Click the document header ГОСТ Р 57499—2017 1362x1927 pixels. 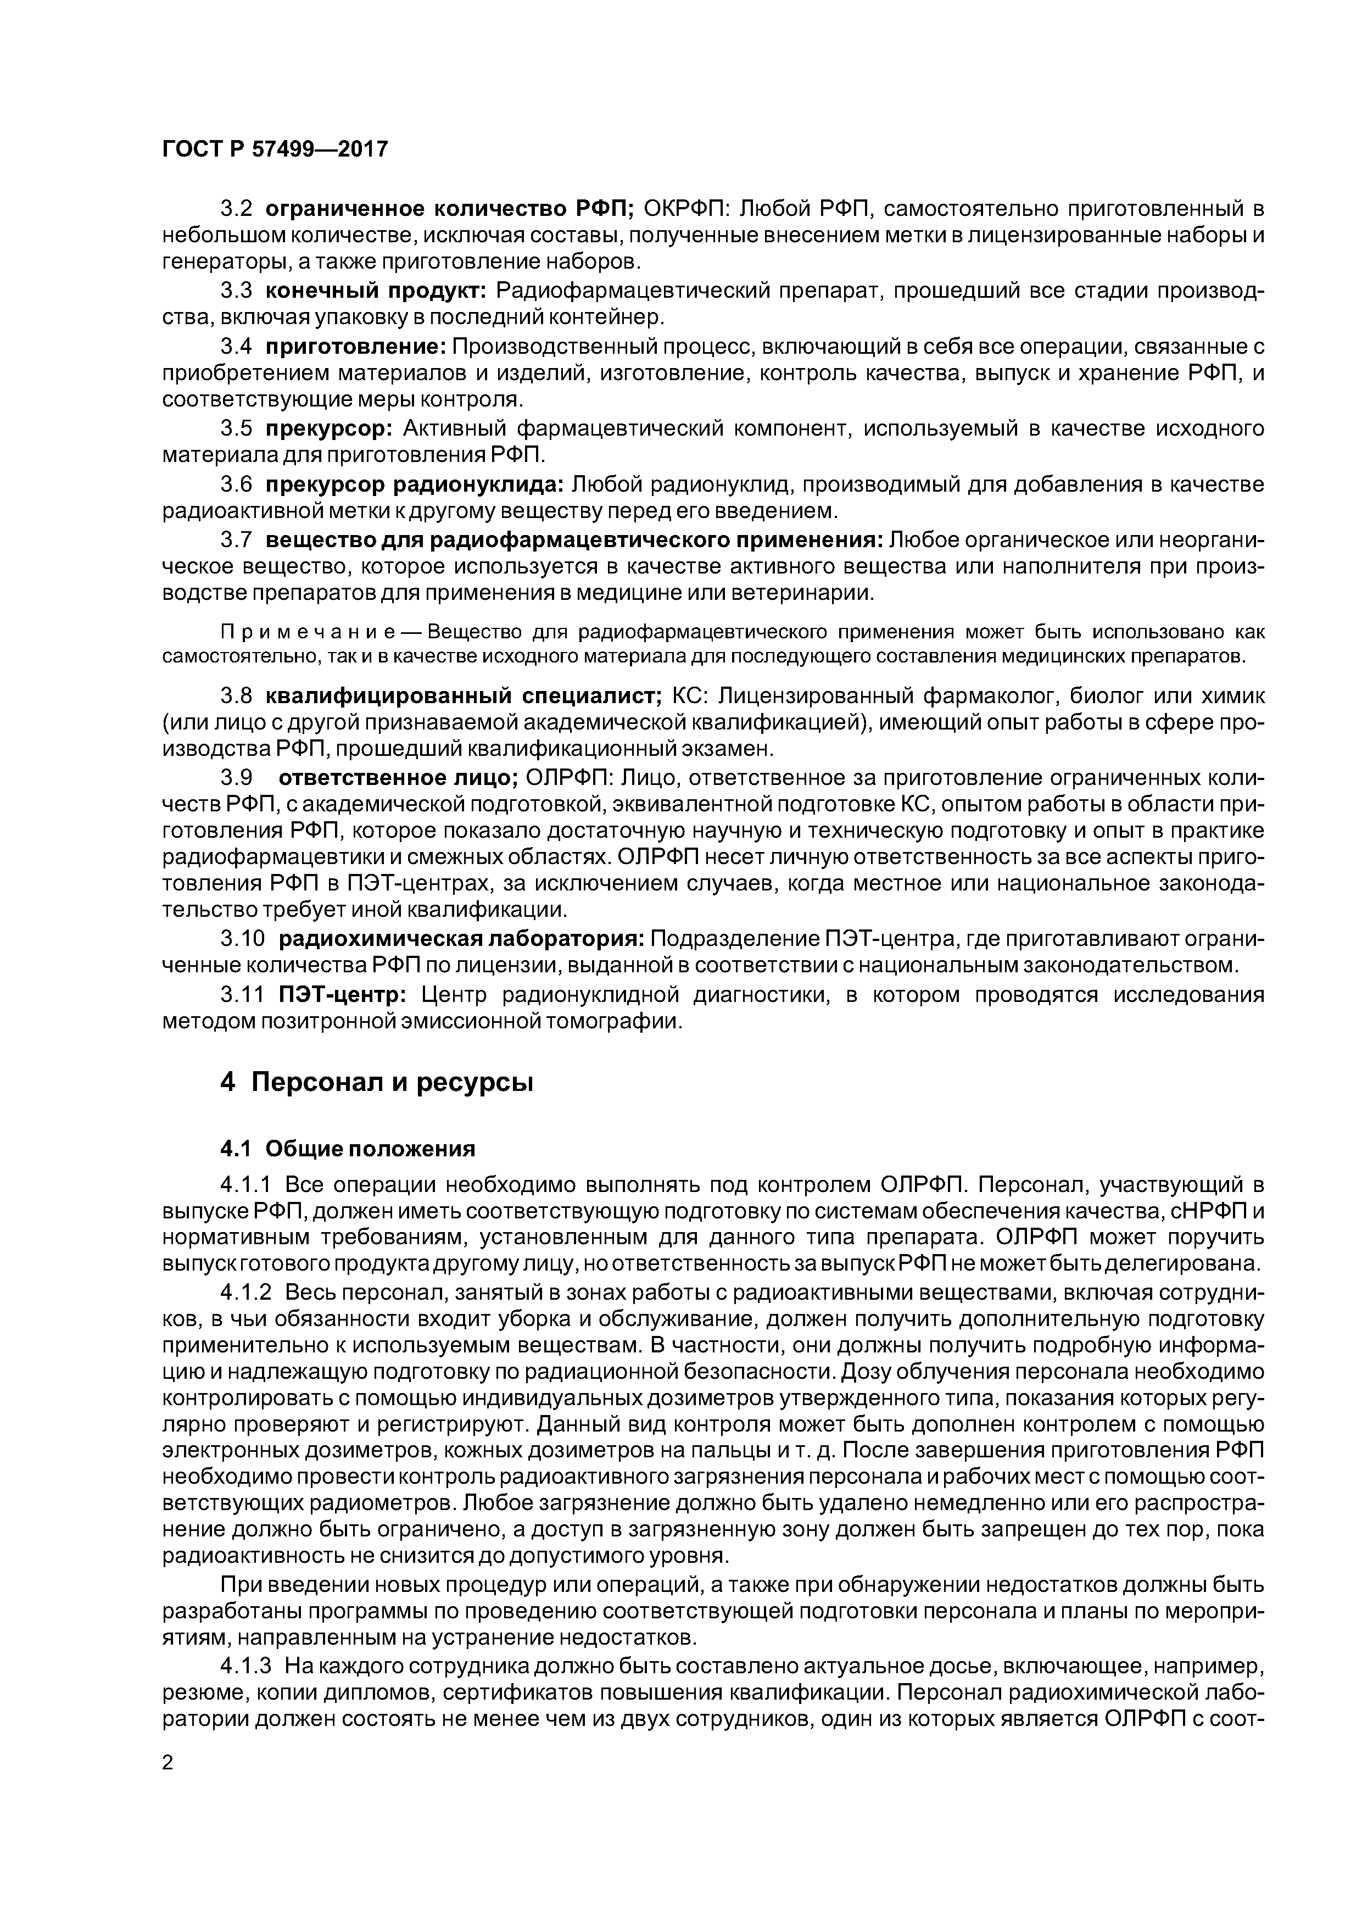(275, 149)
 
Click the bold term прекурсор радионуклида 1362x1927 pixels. (415, 484)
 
